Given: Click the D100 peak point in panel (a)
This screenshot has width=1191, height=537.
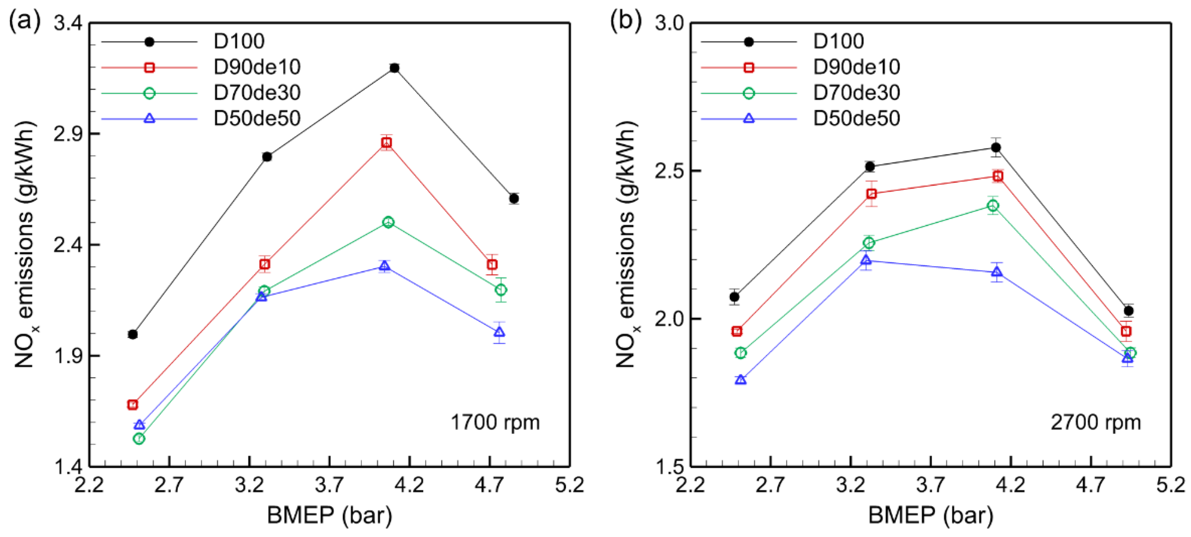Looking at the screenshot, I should point(394,68).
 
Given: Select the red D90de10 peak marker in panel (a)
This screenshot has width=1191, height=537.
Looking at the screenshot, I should point(387,142).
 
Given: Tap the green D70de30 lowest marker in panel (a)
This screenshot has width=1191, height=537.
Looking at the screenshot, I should point(139,438).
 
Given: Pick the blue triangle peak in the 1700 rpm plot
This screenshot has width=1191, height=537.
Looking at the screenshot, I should point(384,266).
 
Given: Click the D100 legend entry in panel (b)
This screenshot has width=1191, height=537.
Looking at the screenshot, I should point(838,42).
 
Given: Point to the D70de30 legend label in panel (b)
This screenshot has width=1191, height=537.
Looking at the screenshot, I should point(856,93).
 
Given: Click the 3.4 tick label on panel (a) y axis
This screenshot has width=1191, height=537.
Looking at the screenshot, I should point(68,23).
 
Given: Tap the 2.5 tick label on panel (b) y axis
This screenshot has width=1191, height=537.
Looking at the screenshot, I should point(669,171).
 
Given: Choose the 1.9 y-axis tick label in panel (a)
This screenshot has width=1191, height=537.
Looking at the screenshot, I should point(68,356).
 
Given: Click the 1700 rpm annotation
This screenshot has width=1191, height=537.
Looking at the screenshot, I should point(495,422).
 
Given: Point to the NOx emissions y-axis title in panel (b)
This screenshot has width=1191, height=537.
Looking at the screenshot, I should point(627,245).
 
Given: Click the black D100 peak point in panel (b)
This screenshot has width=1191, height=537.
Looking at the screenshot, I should point(996,148).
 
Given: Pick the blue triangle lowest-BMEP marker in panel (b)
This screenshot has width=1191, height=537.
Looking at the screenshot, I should point(740,380).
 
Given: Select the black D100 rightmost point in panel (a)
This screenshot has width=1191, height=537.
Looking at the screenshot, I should point(514,199).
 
